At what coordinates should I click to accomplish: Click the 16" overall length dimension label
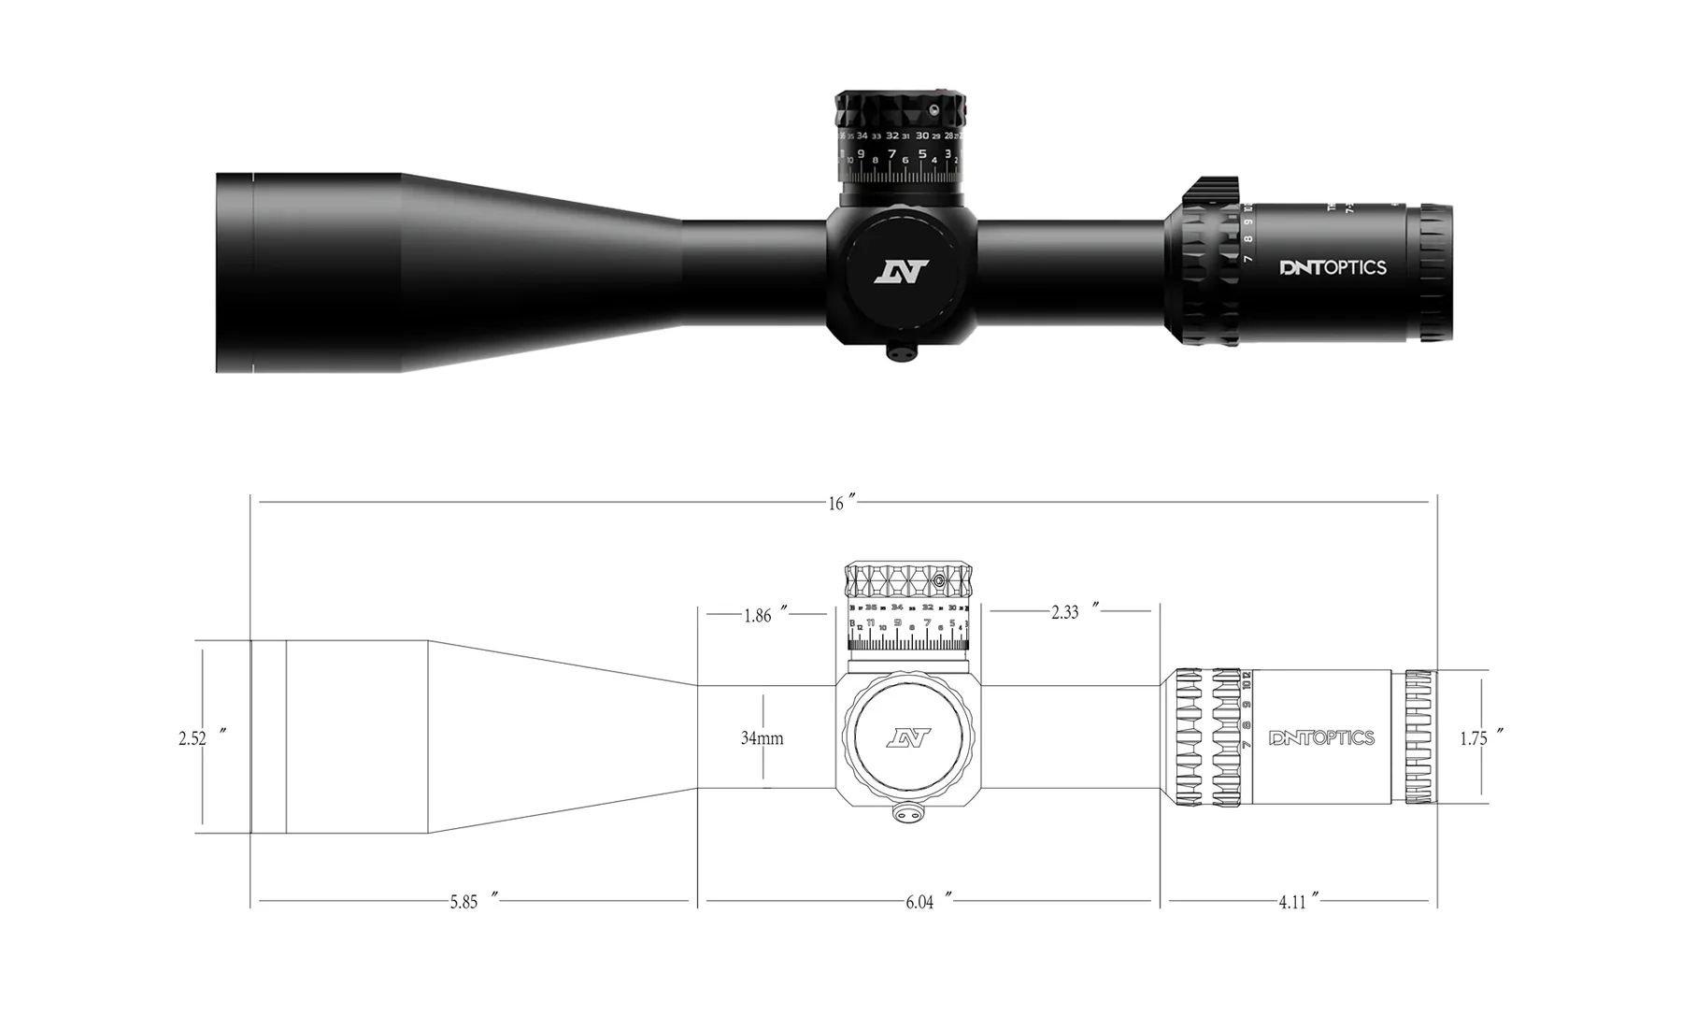tap(840, 504)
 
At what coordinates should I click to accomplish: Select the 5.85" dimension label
tap(469, 902)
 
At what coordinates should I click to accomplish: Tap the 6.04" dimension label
tap(925, 902)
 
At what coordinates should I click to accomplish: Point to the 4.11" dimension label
tap(1297, 902)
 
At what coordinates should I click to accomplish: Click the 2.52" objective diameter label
tap(198, 738)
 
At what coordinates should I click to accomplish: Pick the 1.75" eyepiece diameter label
tap(1478, 738)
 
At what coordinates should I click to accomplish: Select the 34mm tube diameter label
tap(762, 738)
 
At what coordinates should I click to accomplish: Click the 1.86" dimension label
tap(763, 616)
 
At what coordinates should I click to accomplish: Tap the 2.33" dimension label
tap(1070, 612)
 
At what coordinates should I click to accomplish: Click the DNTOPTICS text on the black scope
tap(1333, 268)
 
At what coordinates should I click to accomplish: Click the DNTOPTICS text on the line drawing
tap(1321, 738)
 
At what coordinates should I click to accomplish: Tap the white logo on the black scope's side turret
tap(902, 272)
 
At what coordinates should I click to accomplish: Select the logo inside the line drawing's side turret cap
tap(908, 738)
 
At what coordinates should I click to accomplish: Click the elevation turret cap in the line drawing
tap(908, 580)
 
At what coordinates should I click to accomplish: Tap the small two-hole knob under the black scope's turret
tap(901, 353)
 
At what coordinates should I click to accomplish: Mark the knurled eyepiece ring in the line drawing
tap(1418, 736)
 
